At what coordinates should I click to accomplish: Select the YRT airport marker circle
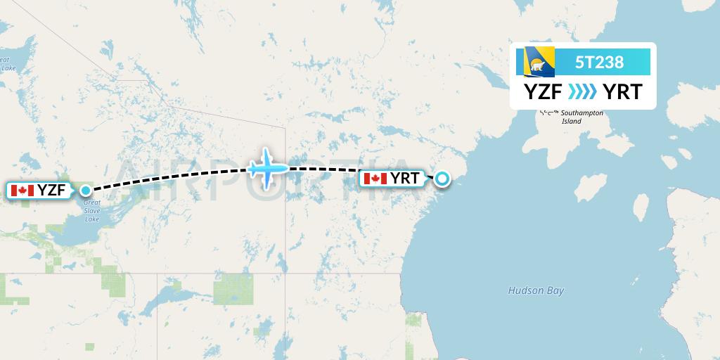point(442,179)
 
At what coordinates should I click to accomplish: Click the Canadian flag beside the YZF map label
point(22,190)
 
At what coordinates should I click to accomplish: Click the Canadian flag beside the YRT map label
point(375,179)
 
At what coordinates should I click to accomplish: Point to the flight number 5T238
point(599,62)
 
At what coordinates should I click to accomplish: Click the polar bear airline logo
point(536,62)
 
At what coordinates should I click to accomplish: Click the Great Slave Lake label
point(91,211)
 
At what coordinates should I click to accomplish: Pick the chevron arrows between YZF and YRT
point(581,91)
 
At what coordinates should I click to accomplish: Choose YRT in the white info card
point(622,91)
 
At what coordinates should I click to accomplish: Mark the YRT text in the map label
point(406,179)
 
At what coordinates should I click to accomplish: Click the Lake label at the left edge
point(8,68)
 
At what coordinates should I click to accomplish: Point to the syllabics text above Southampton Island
point(548,112)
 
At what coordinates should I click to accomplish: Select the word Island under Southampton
point(572,122)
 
